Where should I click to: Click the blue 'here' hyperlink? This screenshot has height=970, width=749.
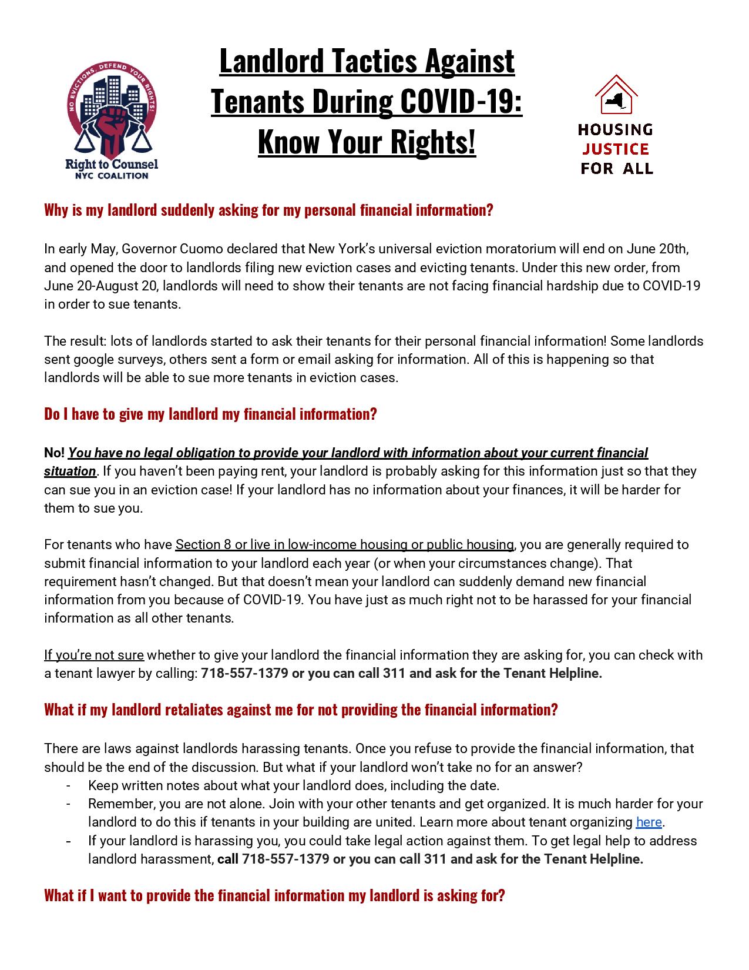(x=649, y=822)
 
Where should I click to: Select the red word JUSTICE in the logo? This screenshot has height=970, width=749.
(x=616, y=149)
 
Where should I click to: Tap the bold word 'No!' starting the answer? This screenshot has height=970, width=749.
(x=55, y=453)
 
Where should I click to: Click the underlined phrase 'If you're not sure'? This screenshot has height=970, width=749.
(x=94, y=655)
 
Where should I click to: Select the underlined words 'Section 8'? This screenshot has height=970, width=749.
(x=203, y=544)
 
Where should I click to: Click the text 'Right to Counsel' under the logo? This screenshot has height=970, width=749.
(x=112, y=165)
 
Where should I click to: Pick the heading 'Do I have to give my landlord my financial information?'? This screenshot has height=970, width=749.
(x=210, y=414)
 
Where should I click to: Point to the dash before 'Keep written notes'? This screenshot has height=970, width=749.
(x=69, y=785)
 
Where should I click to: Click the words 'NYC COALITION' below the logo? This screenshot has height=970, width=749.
(x=112, y=175)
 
